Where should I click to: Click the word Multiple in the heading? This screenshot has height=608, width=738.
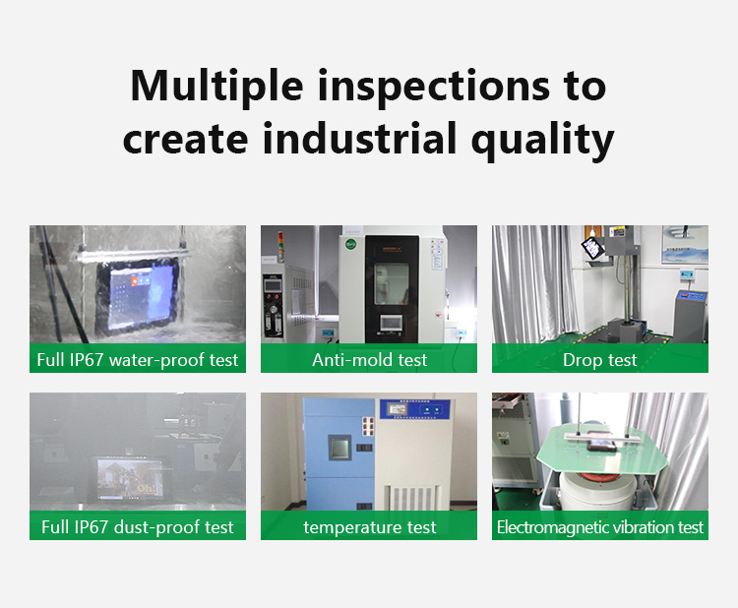pos(217,87)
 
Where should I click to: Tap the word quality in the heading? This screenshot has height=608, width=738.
pos(542,141)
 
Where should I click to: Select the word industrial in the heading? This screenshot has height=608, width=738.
pos(359,137)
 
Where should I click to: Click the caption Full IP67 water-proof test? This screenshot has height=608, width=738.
pos(138,360)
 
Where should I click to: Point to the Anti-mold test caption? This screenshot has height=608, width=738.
pos(369,360)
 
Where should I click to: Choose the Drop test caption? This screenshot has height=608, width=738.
pos(599,360)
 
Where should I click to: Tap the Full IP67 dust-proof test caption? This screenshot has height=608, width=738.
pos(138,527)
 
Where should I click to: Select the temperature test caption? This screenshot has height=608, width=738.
pos(369,527)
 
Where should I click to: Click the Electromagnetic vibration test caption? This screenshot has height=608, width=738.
pos(600,527)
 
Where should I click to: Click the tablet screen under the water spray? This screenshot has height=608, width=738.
pos(137,296)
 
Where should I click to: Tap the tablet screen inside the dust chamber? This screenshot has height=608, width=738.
pos(130,479)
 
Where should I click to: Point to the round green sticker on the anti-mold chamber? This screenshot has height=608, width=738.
pos(350,245)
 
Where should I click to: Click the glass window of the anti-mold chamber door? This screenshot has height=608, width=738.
pos(392,283)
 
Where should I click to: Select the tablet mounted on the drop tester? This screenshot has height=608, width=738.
pos(590,248)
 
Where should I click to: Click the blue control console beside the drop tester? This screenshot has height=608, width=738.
pos(691,315)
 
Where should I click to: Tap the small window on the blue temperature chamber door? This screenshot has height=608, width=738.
pos(339,447)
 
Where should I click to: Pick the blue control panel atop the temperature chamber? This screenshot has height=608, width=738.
pos(415,410)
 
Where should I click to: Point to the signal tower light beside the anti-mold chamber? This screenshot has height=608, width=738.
pos(281,246)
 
